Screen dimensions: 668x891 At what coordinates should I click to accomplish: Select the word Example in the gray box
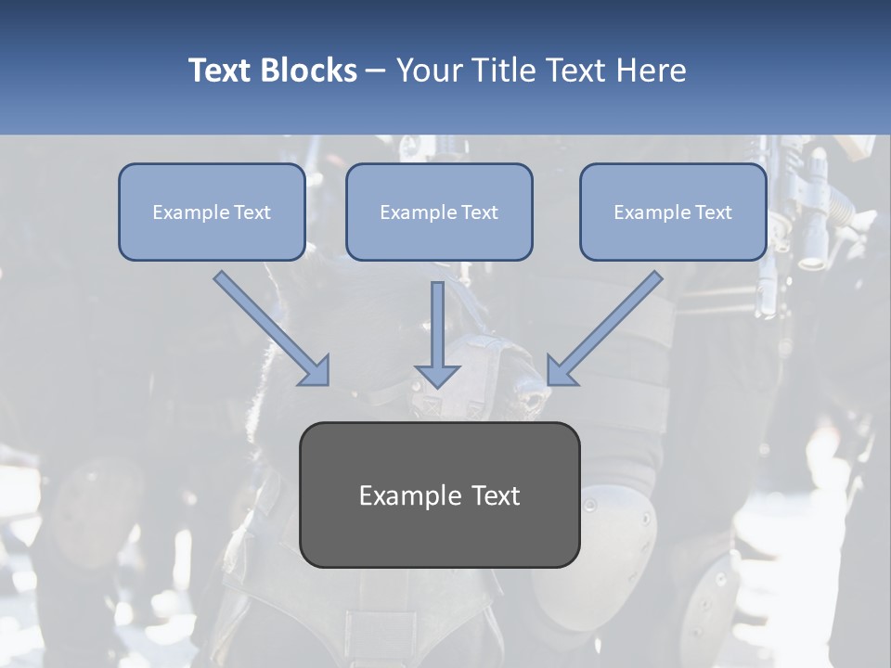tap(409, 495)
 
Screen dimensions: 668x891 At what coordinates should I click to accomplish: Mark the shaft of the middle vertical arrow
tap(437, 320)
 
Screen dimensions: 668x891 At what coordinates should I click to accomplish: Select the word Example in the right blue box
tap(653, 212)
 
